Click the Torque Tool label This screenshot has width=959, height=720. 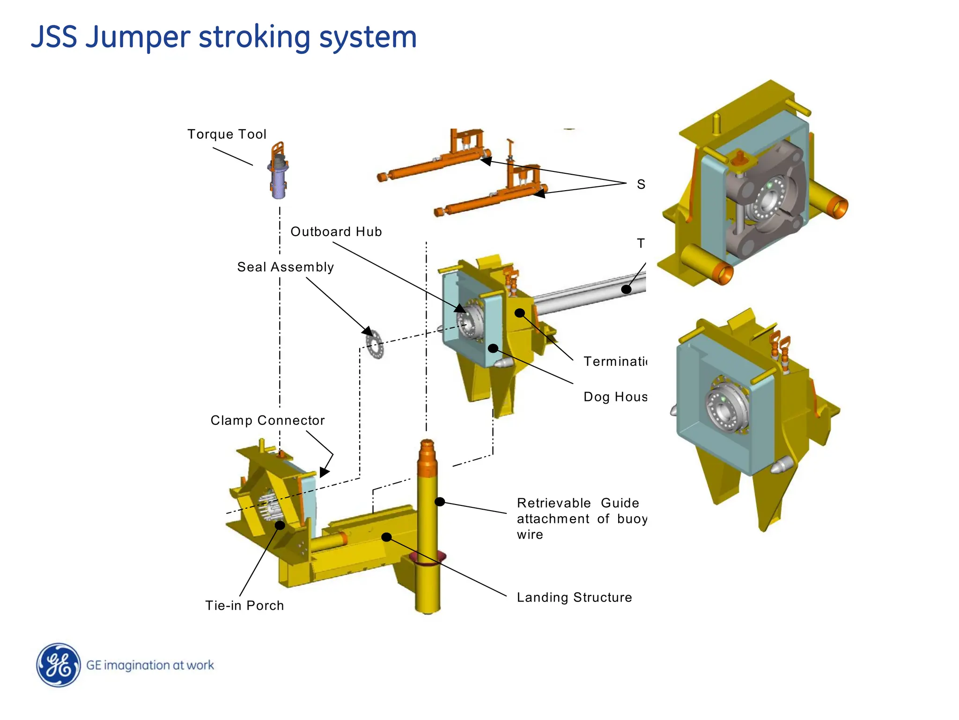(x=227, y=134)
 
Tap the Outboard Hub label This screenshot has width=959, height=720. (x=336, y=232)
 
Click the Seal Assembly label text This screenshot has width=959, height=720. (x=285, y=267)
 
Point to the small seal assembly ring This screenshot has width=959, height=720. (x=374, y=344)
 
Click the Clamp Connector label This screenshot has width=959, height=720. (x=267, y=420)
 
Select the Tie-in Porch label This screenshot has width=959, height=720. (x=244, y=605)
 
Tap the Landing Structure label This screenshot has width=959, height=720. (x=574, y=597)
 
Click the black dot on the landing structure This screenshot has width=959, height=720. (x=386, y=537)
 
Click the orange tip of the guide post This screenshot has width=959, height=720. (x=427, y=453)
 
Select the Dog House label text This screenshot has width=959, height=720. (x=615, y=397)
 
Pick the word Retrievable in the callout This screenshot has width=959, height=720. (x=553, y=503)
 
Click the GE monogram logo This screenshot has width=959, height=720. (x=59, y=665)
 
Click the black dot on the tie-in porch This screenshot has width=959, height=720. (x=280, y=525)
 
